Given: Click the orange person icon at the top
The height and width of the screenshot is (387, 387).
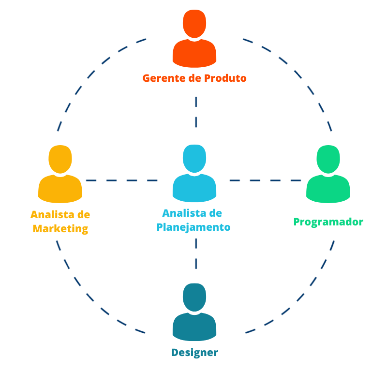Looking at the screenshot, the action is pos(194,39).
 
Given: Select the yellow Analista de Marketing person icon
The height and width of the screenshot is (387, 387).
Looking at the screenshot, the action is pos(60,174).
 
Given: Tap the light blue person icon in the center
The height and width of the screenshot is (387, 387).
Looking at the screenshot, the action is pos(194,174).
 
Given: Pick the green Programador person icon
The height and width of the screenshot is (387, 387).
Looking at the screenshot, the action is pos(328,174).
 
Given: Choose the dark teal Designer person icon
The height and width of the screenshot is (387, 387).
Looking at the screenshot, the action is pos(194,312).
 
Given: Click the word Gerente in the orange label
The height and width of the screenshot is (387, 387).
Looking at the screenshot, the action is pos(164,78).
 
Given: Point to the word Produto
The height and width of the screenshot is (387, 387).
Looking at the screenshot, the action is pos(225,78).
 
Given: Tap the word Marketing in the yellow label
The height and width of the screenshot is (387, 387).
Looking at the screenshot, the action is pos(60,229).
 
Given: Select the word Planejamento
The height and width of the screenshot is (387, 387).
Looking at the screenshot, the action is pos(193,227).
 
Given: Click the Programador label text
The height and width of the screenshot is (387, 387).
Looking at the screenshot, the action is pos(328,222).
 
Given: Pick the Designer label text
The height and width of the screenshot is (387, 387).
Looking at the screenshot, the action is pos(194,353).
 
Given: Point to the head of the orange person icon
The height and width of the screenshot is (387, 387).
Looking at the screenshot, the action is pos(194,24).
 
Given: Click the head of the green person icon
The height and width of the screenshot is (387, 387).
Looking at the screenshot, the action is pos(328,159).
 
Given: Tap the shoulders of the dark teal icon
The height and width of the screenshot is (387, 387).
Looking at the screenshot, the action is pos(194,327).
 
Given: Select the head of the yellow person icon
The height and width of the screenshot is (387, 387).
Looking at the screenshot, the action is pos(60,159).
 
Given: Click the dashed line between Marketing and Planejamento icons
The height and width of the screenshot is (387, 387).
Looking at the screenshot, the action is pos(122,180).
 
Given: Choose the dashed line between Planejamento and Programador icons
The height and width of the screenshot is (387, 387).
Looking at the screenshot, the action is pos(265,180).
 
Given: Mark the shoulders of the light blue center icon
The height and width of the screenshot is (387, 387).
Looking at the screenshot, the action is pos(194,188).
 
